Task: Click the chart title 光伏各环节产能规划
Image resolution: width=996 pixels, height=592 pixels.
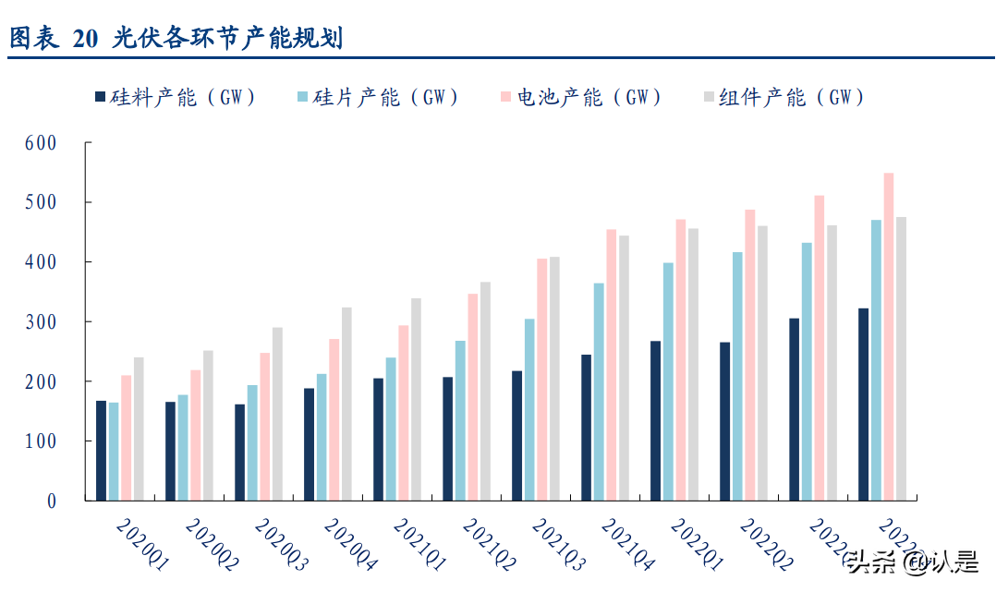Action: (x=227, y=38)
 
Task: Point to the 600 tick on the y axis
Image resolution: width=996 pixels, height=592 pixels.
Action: (x=42, y=143)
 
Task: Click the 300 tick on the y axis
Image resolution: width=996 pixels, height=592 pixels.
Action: (x=42, y=322)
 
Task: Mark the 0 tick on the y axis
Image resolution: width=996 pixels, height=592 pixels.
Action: (x=52, y=501)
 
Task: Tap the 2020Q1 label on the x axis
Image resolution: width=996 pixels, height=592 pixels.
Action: (x=141, y=544)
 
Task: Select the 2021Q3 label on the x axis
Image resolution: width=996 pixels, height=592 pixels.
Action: (x=558, y=544)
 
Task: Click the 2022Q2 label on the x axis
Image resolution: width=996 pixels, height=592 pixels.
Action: (x=766, y=544)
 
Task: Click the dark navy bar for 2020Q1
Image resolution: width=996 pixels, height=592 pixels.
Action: (x=101, y=451)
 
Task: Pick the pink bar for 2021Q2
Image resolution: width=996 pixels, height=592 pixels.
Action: (x=473, y=397)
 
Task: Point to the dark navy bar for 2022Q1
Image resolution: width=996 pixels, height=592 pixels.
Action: (x=655, y=420)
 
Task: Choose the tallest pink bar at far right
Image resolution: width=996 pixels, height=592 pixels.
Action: (x=889, y=337)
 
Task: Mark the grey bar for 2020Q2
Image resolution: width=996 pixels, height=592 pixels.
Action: (x=208, y=426)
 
